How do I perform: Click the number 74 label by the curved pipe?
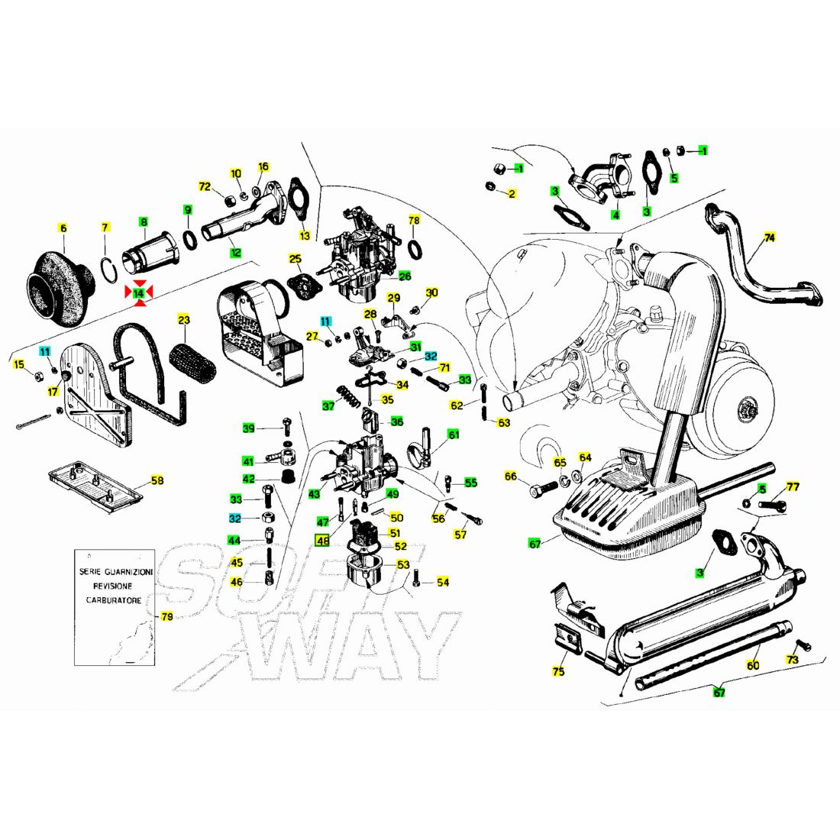[769, 237]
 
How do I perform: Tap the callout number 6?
[63, 229]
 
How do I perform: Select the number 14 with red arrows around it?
[139, 293]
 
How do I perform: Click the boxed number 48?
[322, 541]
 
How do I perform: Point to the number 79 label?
[167, 616]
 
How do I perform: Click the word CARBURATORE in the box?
[114, 600]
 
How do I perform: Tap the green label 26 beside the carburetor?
[405, 276]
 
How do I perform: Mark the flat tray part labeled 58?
[95, 486]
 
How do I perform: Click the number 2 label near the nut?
[512, 193]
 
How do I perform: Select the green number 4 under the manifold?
[616, 215]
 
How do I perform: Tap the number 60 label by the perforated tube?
[753, 665]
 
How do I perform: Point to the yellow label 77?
[793, 486]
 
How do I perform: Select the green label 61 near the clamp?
[454, 435]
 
